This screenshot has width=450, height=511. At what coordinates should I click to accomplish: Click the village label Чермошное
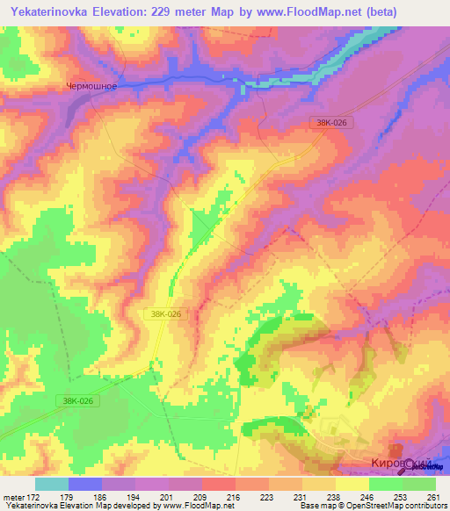pyautogui.click(x=92, y=86)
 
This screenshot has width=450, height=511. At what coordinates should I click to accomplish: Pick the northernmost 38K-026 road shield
pyautogui.click(x=331, y=124)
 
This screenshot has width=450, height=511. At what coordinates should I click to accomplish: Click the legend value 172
pyautogui.click(x=33, y=497)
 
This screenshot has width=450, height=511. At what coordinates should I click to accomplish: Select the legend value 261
pyautogui.click(x=433, y=497)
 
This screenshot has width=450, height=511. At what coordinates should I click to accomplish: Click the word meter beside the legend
pyautogui.click(x=12, y=497)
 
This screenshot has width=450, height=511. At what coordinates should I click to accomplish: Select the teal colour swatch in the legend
pyautogui.click(x=51, y=484)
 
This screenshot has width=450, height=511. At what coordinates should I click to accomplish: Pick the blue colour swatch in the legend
pyautogui.click(x=84, y=484)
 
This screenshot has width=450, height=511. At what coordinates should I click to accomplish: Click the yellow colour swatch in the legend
pyautogui.click(x=352, y=484)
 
